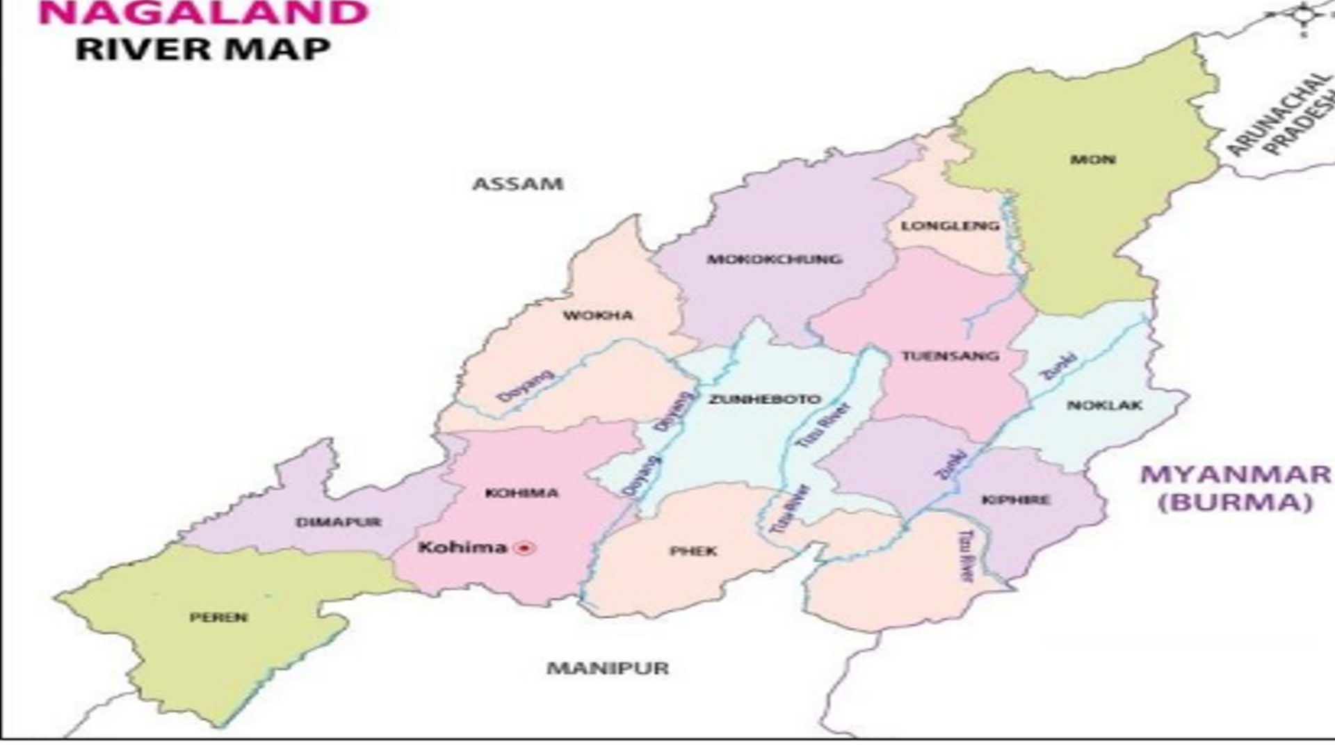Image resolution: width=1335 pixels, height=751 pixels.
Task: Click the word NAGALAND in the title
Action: click(202, 13)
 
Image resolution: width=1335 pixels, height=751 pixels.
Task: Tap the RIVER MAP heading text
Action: click(202, 49)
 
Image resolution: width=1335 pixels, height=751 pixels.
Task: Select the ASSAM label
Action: click(517, 184)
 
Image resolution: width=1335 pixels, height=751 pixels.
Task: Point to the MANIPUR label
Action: click(608, 668)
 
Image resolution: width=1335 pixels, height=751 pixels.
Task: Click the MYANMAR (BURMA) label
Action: click(1236, 487)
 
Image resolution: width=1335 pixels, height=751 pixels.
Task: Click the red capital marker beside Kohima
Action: click(524, 549)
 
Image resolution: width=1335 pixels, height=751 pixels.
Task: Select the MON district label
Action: click(1093, 160)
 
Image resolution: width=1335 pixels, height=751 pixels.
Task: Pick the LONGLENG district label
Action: click(950, 226)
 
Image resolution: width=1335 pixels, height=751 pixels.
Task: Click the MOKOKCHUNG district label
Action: click(775, 259)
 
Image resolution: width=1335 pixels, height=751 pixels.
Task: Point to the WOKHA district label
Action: click(598, 316)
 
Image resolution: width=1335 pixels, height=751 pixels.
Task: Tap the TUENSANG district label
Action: click(950, 357)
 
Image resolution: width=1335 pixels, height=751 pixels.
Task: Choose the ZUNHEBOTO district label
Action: click(765, 400)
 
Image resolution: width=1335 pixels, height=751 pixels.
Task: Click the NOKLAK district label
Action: click(1104, 405)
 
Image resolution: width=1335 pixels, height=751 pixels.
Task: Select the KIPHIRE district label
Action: click(1016, 500)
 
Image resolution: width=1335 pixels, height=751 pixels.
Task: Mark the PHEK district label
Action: click(693, 551)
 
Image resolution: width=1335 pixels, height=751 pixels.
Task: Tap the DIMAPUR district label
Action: click(339, 522)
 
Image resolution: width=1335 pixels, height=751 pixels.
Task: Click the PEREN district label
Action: click(218, 617)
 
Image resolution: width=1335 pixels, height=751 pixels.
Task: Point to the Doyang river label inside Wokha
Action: click(526, 386)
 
